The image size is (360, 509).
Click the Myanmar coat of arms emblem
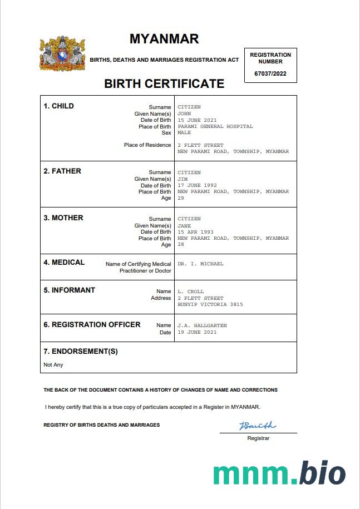tap(62, 54)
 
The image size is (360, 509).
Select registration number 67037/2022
tap(270, 73)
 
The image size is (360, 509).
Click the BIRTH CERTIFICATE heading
tap(164, 84)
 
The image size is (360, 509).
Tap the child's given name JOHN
tap(184, 113)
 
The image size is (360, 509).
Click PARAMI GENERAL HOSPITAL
tap(215, 126)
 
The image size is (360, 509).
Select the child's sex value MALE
tap(184, 133)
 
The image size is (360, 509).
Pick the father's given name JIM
tap(183, 179)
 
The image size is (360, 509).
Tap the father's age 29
tap(181, 198)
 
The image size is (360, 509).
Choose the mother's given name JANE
tap(184, 226)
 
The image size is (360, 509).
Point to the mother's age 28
tap(181, 245)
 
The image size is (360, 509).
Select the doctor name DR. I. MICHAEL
tap(200, 264)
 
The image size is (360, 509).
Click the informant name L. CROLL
tap(191, 291)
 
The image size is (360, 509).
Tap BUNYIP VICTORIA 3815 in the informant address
tap(210, 304)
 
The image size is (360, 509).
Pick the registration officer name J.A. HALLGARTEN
tap(202, 325)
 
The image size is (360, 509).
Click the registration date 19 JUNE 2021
tap(197, 332)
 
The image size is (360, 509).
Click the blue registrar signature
tap(258, 426)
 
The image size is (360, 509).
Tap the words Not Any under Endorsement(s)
tap(53, 365)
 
